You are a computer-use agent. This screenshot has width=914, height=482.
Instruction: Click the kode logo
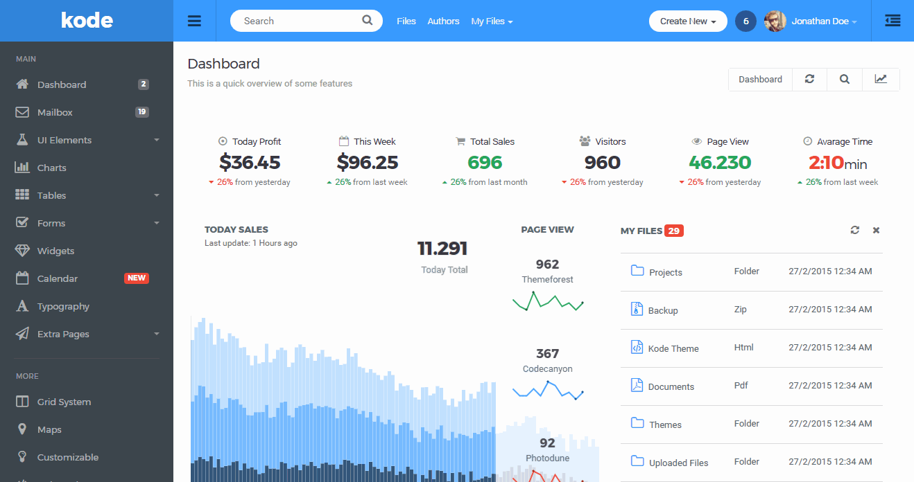[87, 20]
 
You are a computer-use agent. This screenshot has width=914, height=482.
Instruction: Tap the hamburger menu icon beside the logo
[194, 21]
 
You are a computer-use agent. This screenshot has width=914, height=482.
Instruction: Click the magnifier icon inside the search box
[368, 21]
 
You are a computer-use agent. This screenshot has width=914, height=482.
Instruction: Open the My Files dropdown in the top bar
[492, 21]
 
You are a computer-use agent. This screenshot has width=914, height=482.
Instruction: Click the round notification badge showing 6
[745, 21]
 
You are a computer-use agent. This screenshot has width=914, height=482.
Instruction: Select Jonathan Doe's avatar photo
[775, 21]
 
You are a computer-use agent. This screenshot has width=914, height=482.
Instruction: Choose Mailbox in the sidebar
[55, 112]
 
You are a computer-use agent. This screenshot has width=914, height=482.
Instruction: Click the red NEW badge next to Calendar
[137, 278]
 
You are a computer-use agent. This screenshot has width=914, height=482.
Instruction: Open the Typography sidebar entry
[63, 306]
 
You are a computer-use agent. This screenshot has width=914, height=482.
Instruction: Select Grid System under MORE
[64, 402]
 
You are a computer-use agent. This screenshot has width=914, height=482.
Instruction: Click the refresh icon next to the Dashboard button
[809, 79]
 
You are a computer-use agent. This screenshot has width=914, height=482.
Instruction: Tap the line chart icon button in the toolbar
[881, 79]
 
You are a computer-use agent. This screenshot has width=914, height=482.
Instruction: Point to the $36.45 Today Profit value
[250, 163]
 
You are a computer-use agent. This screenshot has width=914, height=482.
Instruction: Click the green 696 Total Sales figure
[485, 163]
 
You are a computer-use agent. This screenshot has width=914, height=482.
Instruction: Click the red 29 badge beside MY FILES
[673, 231]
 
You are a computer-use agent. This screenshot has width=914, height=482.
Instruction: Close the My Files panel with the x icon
[876, 230]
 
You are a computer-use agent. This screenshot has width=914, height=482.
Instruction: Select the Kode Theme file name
[673, 348]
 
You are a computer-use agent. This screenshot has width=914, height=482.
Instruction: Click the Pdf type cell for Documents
[741, 386]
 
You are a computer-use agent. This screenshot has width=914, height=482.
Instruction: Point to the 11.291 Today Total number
[442, 249]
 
